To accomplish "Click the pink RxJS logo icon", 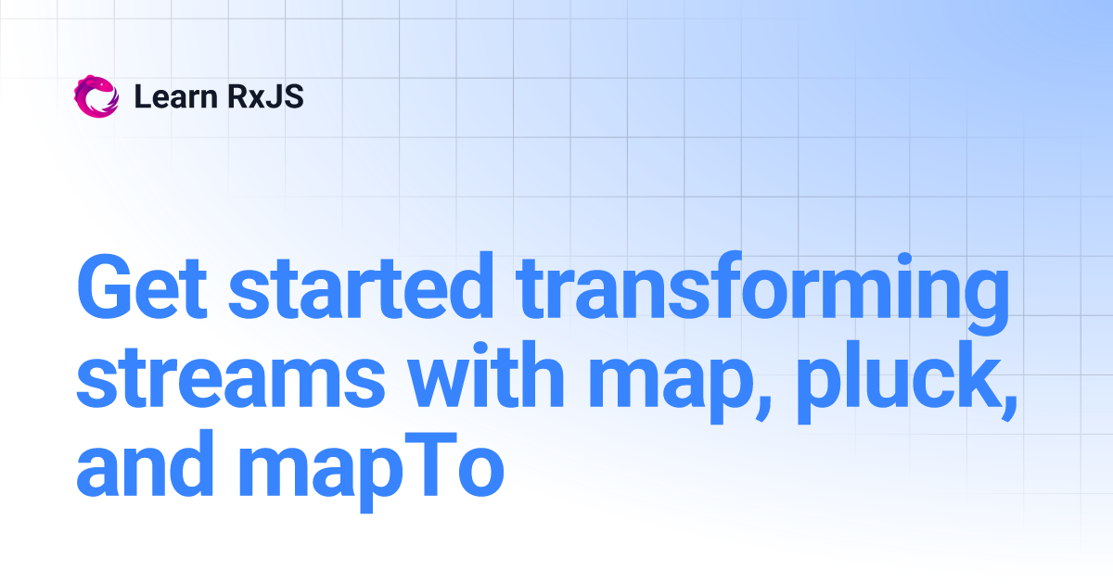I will click(x=96, y=96).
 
